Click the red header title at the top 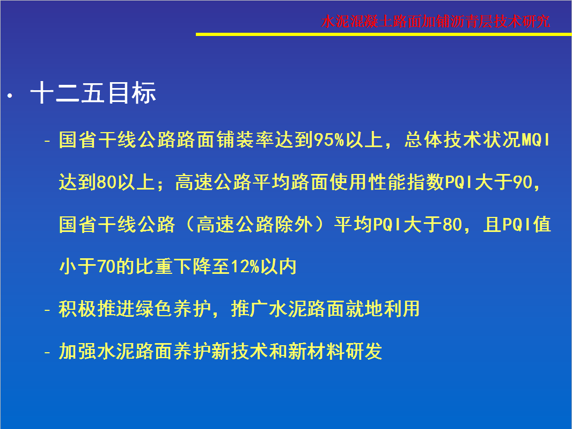click(x=436, y=21)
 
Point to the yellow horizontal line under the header click(x=384, y=34)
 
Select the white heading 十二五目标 click(x=93, y=93)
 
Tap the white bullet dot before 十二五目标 click(x=10, y=96)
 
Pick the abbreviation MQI click(x=536, y=140)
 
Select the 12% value click(x=244, y=266)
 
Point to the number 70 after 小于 click(x=107, y=266)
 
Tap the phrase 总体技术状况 click(x=463, y=140)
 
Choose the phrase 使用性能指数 click(x=387, y=182)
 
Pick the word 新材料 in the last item click(x=316, y=351)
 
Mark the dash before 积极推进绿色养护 click(x=47, y=310)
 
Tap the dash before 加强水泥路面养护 click(x=47, y=352)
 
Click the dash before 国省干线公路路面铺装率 click(x=47, y=141)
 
